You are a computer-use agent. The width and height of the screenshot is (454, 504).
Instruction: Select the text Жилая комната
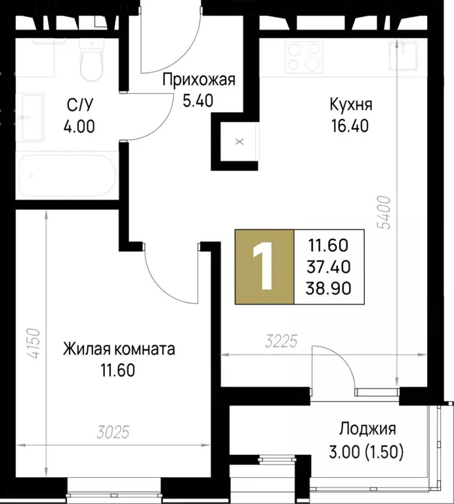[110, 349]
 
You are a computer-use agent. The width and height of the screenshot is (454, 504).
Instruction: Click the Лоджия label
[367, 429]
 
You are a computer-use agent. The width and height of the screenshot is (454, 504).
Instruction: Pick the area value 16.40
[349, 125]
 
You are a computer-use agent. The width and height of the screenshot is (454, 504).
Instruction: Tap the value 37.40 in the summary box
[330, 267]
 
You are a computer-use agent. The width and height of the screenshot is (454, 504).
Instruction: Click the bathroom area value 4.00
[79, 125]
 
